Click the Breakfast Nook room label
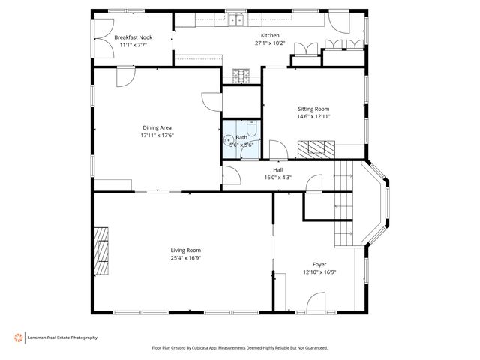click(x=133, y=37)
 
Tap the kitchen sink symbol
click(x=236, y=20)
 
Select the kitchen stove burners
click(x=241, y=76)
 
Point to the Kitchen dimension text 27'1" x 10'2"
click(x=270, y=43)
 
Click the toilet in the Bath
click(x=252, y=128)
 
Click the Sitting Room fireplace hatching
click(x=316, y=149)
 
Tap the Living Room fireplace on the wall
click(x=101, y=251)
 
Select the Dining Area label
click(x=157, y=128)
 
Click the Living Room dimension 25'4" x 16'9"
click(x=186, y=258)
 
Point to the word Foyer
click(x=319, y=264)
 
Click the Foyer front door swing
click(x=316, y=301)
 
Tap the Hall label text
click(x=278, y=170)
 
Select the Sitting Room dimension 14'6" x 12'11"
click(x=313, y=116)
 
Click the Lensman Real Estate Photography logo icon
click(x=19, y=337)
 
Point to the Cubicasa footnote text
click(x=240, y=348)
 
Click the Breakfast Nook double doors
click(x=104, y=38)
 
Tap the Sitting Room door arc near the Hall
click(x=278, y=149)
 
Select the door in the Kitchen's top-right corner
click(x=339, y=23)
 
